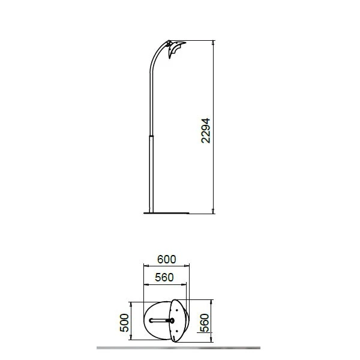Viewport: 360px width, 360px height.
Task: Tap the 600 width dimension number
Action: [x=166, y=259]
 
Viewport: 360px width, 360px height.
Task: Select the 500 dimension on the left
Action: [x=124, y=322]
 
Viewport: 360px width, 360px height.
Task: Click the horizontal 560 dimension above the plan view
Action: [x=164, y=277]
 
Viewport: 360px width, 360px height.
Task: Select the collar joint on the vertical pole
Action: [x=151, y=136]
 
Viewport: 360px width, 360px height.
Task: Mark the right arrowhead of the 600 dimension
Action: [x=187, y=266]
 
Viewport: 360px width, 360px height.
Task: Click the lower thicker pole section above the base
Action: [x=151, y=174]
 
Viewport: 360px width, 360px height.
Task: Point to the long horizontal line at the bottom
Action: [x=180, y=347]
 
